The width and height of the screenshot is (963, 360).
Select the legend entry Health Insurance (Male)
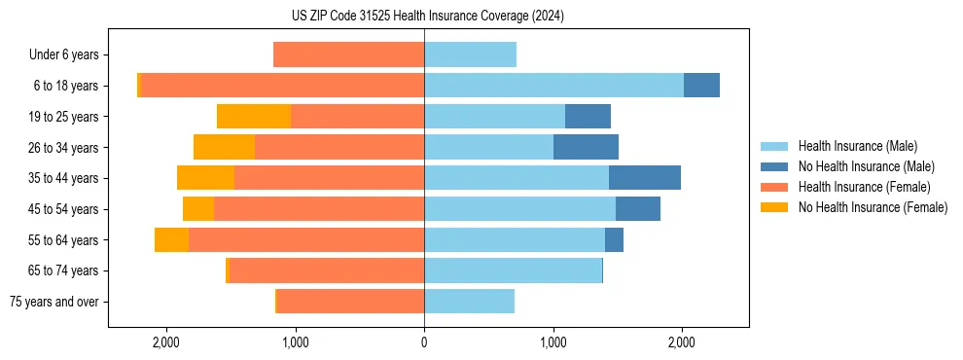[857, 146]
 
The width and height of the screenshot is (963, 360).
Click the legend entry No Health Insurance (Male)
[866, 166]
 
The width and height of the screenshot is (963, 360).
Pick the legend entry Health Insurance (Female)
[864, 187]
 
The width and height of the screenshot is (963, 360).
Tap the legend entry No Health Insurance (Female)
[873, 207]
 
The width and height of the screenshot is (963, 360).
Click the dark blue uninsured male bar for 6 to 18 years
[701, 86]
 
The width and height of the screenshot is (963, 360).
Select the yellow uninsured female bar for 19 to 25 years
[254, 117]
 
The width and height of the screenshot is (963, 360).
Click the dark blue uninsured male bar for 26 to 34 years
[586, 147]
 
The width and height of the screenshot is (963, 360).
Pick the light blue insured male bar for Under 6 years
[470, 54]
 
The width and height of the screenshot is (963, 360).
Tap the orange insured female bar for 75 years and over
[350, 302]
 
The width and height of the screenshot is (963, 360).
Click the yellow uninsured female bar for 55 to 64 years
[171, 240]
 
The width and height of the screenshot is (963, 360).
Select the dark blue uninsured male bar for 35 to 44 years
[644, 178]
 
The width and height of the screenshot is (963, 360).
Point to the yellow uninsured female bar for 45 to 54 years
[198, 209]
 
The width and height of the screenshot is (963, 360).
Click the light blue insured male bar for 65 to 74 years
[513, 270]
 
